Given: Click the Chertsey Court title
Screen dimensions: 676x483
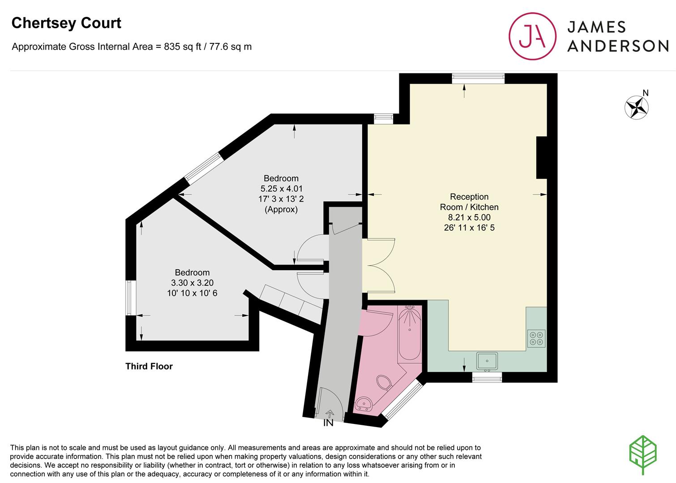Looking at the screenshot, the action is [x=66, y=23].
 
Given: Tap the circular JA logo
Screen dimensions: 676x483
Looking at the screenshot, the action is [x=532, y=36].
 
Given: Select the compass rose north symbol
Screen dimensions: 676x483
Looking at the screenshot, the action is [x=637, y=106].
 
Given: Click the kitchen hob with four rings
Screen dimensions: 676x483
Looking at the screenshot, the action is [x=536, y=338].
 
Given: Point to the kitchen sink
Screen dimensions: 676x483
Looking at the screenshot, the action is [x=487, y=361].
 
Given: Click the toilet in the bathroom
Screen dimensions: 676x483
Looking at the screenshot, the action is [x=384, y=383].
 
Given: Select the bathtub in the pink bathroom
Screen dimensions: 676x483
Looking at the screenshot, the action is [x=410, y=333].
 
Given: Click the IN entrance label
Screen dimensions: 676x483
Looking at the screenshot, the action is [x=328, y=423].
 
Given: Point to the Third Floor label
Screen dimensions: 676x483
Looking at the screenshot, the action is [x=149, y=366].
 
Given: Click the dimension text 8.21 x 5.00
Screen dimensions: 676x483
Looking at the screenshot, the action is [x=469, y=217].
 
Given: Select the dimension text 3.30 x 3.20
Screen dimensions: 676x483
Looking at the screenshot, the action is [x=192, y=283].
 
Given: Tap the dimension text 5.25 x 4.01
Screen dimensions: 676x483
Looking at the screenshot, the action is [x=281, y=189].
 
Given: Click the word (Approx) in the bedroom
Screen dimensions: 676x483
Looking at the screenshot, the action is [x=281, y=210].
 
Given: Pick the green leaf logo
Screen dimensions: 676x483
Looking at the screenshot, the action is [x=643, y=455].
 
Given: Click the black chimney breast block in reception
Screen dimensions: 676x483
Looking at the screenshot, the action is [x=542, y=158].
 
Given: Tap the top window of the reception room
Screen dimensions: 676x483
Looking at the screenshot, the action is [x=478, y=79].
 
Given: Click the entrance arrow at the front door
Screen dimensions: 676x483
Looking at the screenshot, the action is [x=330, y=413].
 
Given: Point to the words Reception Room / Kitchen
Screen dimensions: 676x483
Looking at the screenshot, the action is [x=469, y=202].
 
